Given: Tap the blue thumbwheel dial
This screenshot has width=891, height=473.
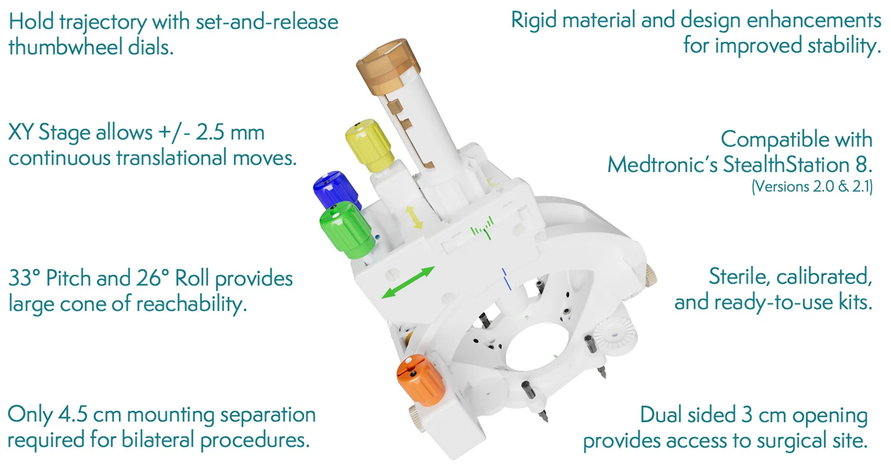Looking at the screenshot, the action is point(334,191).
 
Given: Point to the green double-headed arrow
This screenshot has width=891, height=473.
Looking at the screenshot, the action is point(407,282).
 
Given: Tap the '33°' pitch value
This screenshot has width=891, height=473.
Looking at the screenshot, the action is point(24,278).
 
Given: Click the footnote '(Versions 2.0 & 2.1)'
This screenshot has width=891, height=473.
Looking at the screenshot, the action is point(812,187).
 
